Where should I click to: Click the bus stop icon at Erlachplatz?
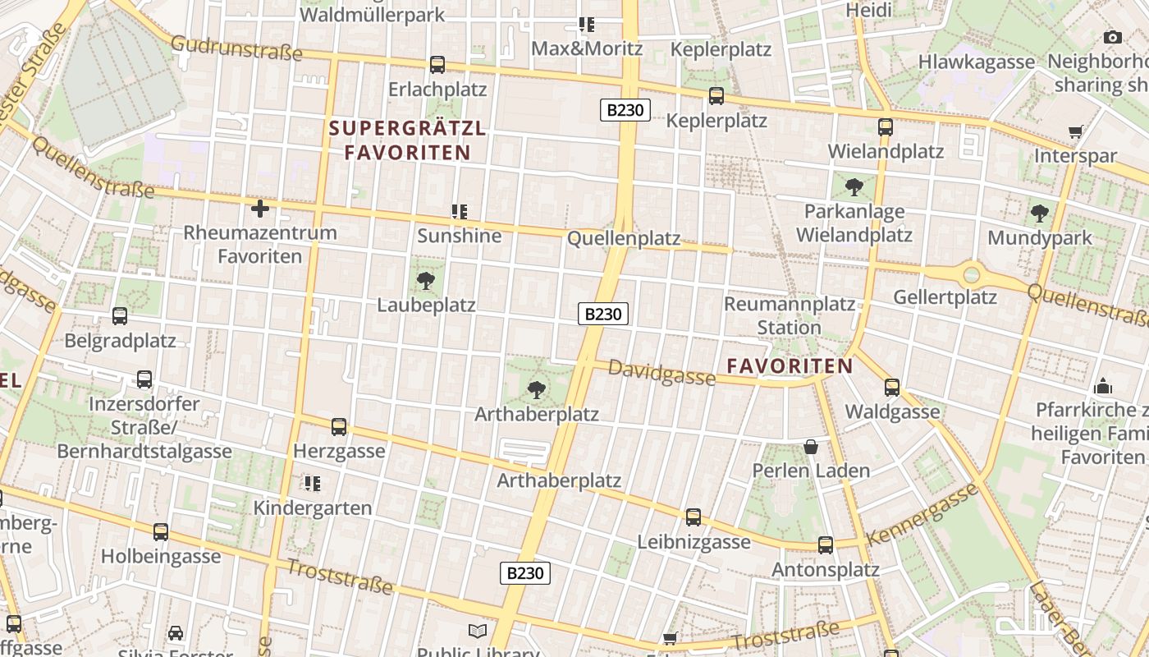pyautogui.click(x=437, y=64)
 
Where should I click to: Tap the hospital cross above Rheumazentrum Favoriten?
pyautogui.click(x=260, y=209)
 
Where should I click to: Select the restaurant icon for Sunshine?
pyautogui.click(x=459, y=212)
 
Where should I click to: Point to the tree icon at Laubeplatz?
pyautogui.click(x=425, y=281)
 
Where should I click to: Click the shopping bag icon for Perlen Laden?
pyautogui.click(x=811, y=447)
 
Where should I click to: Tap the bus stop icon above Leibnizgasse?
pyautogui.click(x=694, y=517)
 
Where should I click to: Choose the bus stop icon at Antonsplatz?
pyautogui.click(x=826, y=544)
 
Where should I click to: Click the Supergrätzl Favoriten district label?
pyautogui.click(x=408, y=140)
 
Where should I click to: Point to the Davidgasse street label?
pyautogui.click(x=661, y=374)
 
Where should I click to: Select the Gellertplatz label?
pyautogui.click(x=945, y=296)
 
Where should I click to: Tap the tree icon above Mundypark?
pyautogui.click(x=1040, y=214)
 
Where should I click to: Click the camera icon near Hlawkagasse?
pyautogui.click(x=1113, y=37)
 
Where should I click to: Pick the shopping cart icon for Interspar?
pyautogui.click(x=1075, y=131)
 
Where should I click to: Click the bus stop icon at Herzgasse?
pyautogui.click(x=339, y=427)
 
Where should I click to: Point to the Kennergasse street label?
pyautogui.click(x=922, y=514)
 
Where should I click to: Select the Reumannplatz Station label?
pyautogui.click(x=790, y=315)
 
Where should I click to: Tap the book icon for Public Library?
pyautogui.click(x=478, y=631)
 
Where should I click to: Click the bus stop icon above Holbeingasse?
pyautogui.click(x=161, y=531)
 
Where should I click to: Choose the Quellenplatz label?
pyautogui.click(x=625, y=238)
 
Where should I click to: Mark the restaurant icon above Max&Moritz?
pyautogui.click(x=586, y=25)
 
